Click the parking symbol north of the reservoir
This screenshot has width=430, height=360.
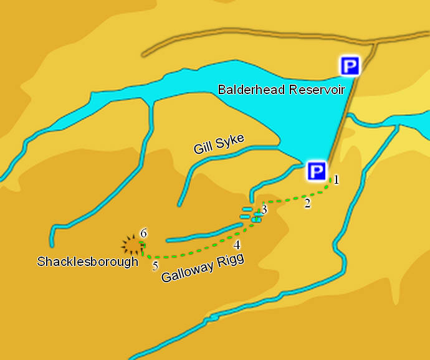[x=350, y=65]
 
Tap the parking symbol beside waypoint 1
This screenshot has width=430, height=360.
[x=317, y=171]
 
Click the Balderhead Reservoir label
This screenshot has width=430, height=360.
[x=281, y=90]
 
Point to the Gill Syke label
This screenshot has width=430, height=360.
[x=218, y=143]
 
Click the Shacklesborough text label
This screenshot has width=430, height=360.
[x=87, y=262]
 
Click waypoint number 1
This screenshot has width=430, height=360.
[x=336, y=180]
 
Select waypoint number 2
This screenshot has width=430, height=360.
[x=307, y=204]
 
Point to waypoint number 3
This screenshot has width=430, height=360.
[x=264, y=209]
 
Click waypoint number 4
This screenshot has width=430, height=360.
[x=237, y=245]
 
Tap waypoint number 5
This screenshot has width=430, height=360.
[x=155, y=266]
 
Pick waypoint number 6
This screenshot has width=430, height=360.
[x=143, y=234]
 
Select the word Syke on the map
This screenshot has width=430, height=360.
[x=229, y=141]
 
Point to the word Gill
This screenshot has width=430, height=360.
[x=202, y=148]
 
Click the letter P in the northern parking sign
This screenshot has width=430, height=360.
[x=350, y=65]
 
